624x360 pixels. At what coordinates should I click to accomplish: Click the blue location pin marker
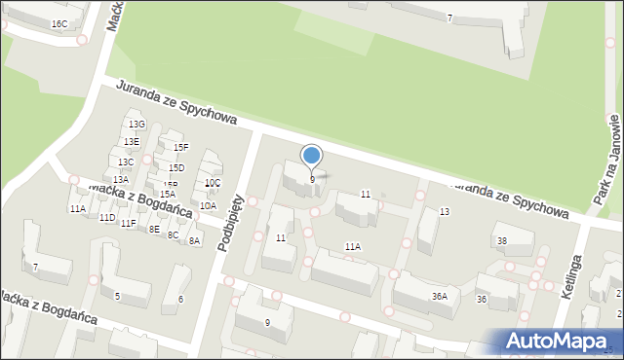312,157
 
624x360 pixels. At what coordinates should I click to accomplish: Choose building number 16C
59,23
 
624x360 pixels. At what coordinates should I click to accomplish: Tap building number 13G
136,125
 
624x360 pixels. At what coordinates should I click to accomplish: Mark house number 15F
180,147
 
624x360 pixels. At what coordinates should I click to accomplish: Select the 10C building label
212,183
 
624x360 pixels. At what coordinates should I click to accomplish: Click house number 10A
208,205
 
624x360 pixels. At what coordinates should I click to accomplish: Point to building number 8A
194,240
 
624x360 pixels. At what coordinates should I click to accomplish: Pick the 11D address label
106,217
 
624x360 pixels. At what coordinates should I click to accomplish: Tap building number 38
502,240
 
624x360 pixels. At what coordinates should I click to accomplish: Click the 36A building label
440,296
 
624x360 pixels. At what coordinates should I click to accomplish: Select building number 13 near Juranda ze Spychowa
444,211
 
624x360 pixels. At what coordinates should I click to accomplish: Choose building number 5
117,296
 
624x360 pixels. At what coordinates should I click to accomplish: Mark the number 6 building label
181,299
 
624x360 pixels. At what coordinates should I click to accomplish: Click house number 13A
120,179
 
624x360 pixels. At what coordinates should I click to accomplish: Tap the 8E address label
154,229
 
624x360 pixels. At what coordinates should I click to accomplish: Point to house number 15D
176,168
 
